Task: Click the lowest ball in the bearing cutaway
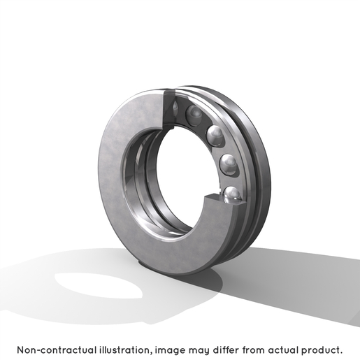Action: point(232,194)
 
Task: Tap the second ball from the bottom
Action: point(229,164)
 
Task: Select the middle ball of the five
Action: point(215,136)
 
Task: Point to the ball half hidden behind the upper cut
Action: point(175,108)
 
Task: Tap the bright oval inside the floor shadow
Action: point(99,285)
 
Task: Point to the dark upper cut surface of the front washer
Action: point(169,110)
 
